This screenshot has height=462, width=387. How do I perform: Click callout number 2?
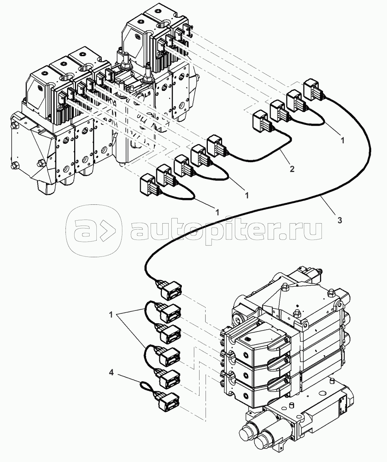292,169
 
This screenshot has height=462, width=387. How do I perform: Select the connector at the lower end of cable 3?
171,291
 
